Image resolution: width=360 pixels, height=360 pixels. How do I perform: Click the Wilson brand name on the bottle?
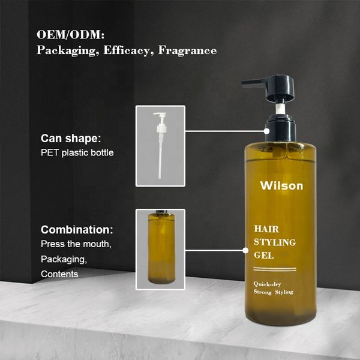[281, 185]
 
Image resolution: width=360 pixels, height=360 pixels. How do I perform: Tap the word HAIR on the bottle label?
[266, 229]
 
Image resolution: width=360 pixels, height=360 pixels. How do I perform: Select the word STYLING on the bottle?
[275, 242]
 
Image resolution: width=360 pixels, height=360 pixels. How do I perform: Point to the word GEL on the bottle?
[264, 256]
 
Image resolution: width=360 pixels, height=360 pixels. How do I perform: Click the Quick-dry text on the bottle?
[267, 284]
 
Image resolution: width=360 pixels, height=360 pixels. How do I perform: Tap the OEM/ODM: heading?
[70, 35]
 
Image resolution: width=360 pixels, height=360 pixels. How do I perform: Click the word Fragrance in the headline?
[187, 50]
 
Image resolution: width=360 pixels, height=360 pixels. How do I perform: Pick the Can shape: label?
[71, 139]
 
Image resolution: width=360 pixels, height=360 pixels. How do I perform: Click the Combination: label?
[77, 230]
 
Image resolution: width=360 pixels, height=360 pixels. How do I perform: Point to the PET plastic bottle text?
[77, 152]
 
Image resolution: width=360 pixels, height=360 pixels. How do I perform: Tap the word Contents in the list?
[59, 274]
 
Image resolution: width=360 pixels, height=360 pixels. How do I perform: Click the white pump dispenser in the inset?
[160, 145]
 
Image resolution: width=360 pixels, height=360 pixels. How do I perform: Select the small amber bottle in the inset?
[161, 247]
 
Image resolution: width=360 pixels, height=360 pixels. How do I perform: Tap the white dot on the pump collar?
[266, 131]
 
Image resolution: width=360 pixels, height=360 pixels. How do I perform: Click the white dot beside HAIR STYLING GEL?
[245, 250]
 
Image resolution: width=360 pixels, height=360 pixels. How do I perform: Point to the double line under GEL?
[275, 269]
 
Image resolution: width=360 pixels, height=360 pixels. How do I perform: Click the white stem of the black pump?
[280, 109]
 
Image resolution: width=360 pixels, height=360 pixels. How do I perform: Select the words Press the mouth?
[76, 244]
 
